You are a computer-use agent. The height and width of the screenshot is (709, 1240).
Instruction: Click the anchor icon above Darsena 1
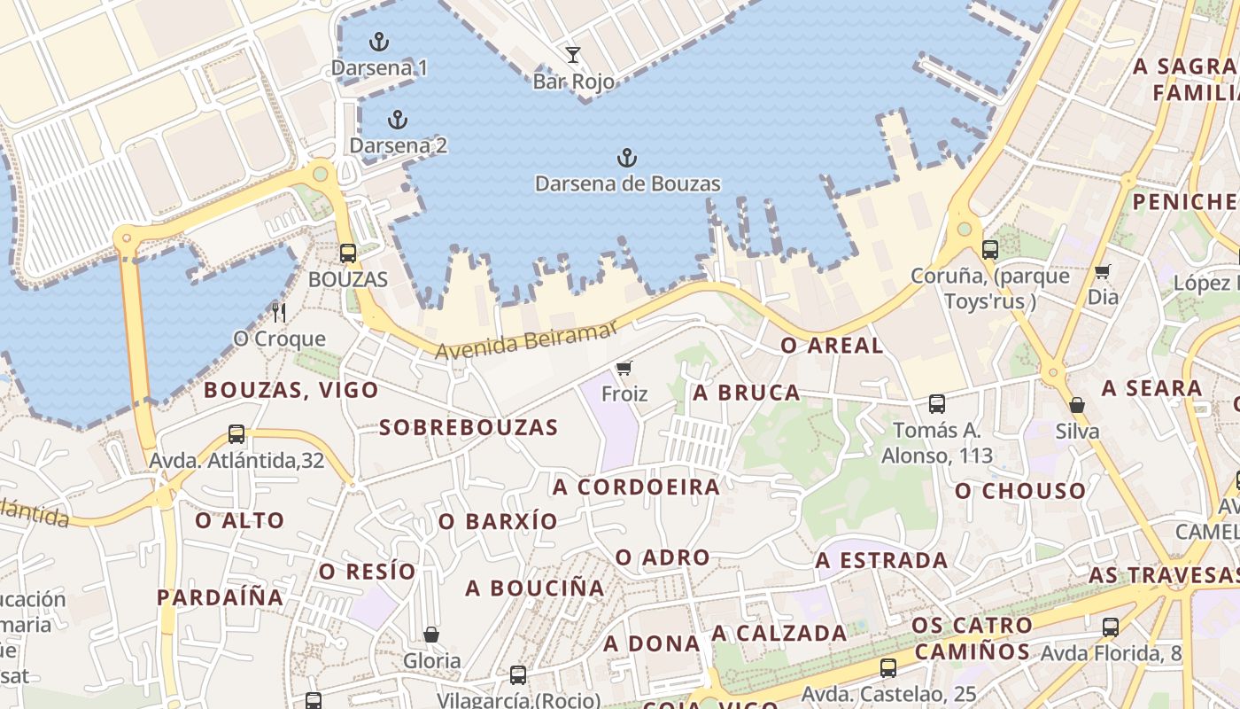tap(379, 41)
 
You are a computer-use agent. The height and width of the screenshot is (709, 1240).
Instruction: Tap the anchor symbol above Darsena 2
tap(398, 120)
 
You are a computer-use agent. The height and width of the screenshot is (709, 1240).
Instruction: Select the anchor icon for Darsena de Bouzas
tap(627, 159)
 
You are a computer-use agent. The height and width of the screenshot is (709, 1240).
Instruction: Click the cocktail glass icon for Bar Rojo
tap(573, 55)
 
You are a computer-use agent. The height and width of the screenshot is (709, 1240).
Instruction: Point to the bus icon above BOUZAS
tap(348, 253)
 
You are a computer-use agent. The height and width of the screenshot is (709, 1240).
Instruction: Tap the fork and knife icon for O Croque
tap(279, 312)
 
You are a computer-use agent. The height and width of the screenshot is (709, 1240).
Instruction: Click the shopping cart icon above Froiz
tap(624, 368)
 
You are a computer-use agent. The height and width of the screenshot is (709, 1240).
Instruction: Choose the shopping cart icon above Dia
tap(1102, 271)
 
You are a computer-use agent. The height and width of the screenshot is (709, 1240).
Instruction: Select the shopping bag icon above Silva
tap(1077, 405)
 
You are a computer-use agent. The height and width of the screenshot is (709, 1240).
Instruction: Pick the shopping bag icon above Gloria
tap(431, 635)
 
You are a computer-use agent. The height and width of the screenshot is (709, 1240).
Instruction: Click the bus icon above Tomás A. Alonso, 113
tap(937, 404)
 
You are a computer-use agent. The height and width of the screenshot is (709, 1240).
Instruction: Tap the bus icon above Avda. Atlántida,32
tap(236, 434)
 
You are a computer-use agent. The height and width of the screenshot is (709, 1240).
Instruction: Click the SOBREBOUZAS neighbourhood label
tap(469, 427)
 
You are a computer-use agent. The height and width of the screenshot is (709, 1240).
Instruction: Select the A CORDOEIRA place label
tap(636, 487)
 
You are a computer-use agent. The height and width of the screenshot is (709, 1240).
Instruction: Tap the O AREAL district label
tap(832, 346)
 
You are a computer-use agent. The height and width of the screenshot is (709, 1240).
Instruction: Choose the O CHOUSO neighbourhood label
tap(1020, 491)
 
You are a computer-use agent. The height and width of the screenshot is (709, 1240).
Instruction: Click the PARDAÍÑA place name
tap(221, 597)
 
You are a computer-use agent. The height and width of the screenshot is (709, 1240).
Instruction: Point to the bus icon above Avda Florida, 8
tap(1111, 627)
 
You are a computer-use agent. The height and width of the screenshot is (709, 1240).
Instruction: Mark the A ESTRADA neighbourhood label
tap(881, 560)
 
